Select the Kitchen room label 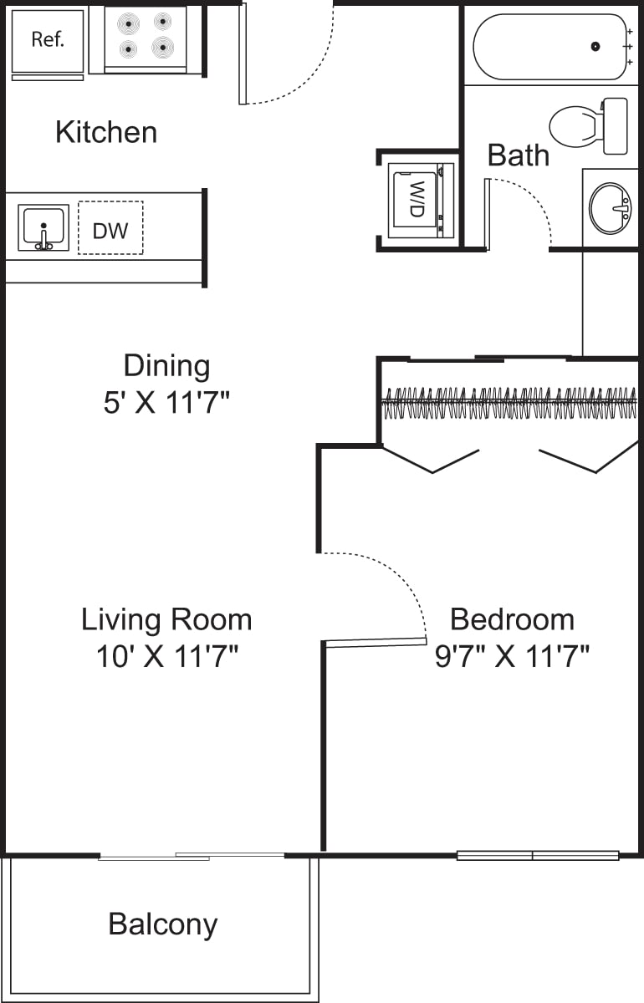point(106,132)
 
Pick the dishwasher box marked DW point(110,227)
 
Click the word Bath point(518,155)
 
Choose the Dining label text point(166,366)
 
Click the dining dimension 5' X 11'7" point(166,404)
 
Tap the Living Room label point(166,619)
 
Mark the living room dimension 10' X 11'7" point(166,657)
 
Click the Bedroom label point(512,619)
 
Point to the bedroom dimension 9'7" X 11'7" point(512,657)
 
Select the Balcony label point(163,924)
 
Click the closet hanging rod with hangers point(508,403)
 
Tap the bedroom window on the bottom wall point(537,855)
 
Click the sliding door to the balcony point(192,856)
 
